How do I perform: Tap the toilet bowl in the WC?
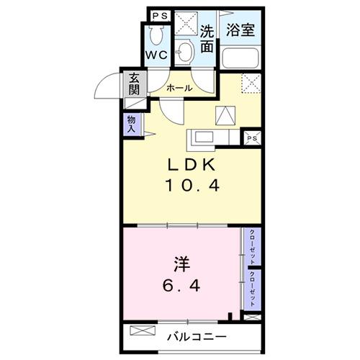156,35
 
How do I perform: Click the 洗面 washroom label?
207,39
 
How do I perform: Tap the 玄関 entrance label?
135,84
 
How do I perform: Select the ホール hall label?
179,88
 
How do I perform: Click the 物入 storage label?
130,125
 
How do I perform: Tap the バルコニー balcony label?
198,336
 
